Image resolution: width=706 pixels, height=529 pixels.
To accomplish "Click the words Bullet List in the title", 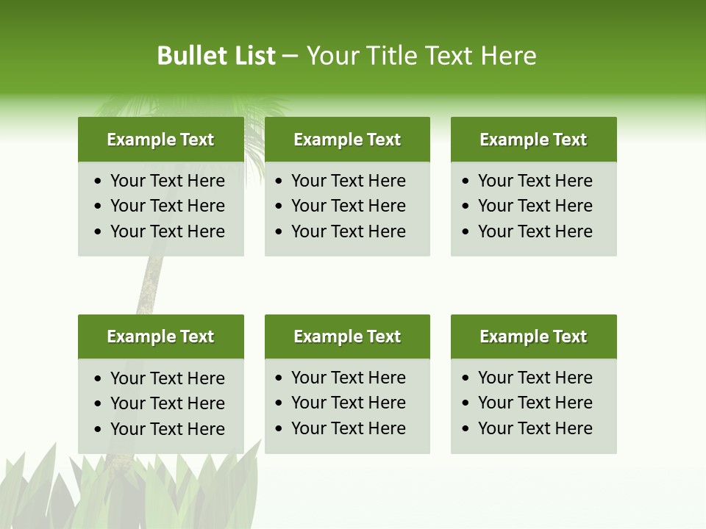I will (215, 56).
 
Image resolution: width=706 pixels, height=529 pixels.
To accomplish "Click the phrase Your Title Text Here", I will (421, 56).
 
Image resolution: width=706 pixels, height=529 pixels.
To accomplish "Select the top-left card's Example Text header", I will (160, 140).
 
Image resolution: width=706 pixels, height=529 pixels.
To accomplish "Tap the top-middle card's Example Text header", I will (347, 140).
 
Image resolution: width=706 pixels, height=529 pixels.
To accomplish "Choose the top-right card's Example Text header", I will (533, 140).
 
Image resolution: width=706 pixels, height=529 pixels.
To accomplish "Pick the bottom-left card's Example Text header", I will (160, 337).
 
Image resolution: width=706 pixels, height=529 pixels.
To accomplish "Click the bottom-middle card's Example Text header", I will (347, 337).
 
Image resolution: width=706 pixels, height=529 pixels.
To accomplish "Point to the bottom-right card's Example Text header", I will (533, 337).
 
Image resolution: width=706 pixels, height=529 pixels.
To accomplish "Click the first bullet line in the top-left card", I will (167, 181).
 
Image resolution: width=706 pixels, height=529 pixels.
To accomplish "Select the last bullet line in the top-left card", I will (167, 231).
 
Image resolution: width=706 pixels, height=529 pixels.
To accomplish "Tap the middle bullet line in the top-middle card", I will (348, 206).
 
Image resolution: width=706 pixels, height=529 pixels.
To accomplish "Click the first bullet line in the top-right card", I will (535, 181).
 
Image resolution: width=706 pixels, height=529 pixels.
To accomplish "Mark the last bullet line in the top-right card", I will (535, 231).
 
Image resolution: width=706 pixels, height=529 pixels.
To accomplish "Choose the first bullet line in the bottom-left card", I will (167, 378).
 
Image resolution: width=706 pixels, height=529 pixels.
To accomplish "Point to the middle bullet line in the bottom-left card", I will (167, 403).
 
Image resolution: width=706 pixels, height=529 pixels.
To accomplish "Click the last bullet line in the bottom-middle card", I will (348, 428).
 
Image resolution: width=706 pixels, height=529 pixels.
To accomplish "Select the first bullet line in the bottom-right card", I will (535, 378).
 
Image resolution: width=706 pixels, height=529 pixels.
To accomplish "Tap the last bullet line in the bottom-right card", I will (535, 428).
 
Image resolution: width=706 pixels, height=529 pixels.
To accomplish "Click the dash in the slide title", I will (290, 57).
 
